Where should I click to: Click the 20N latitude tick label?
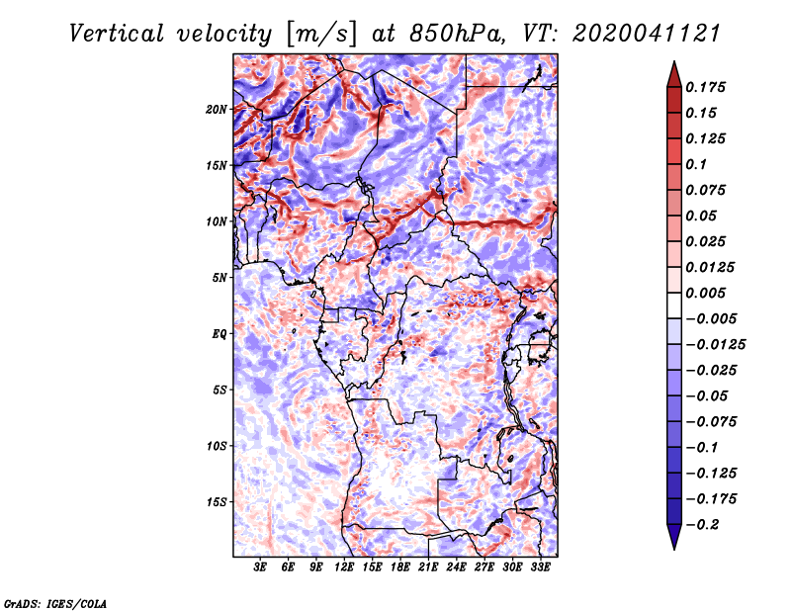click(x=217, y=110)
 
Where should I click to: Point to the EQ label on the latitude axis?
click(x=220, y=334)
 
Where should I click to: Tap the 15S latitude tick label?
click(x=217, y=502)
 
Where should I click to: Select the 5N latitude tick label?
click(x=220, y=278)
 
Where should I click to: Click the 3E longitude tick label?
click(x=260, y=567)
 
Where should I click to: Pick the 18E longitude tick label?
click(x=400, y=567)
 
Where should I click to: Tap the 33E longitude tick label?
click(x=540, y=567)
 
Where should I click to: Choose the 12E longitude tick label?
click(x=344, y=567)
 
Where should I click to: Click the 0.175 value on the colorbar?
click(x=705, y=87)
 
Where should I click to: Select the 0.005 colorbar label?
click(x=705, y=293)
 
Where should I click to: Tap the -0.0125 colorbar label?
click(x=715, y=345)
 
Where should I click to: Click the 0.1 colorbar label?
click(x=696, y=164)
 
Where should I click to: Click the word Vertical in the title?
click(x=117, y=34)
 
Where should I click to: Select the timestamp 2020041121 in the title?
click(x=647, y=34)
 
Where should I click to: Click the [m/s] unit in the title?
click(x=321, y=35)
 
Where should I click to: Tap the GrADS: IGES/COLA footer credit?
click(x=55, y=604)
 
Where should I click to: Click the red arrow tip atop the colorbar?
click(x=674, y=62)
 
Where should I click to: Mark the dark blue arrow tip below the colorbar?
click(x=674, y=548)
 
